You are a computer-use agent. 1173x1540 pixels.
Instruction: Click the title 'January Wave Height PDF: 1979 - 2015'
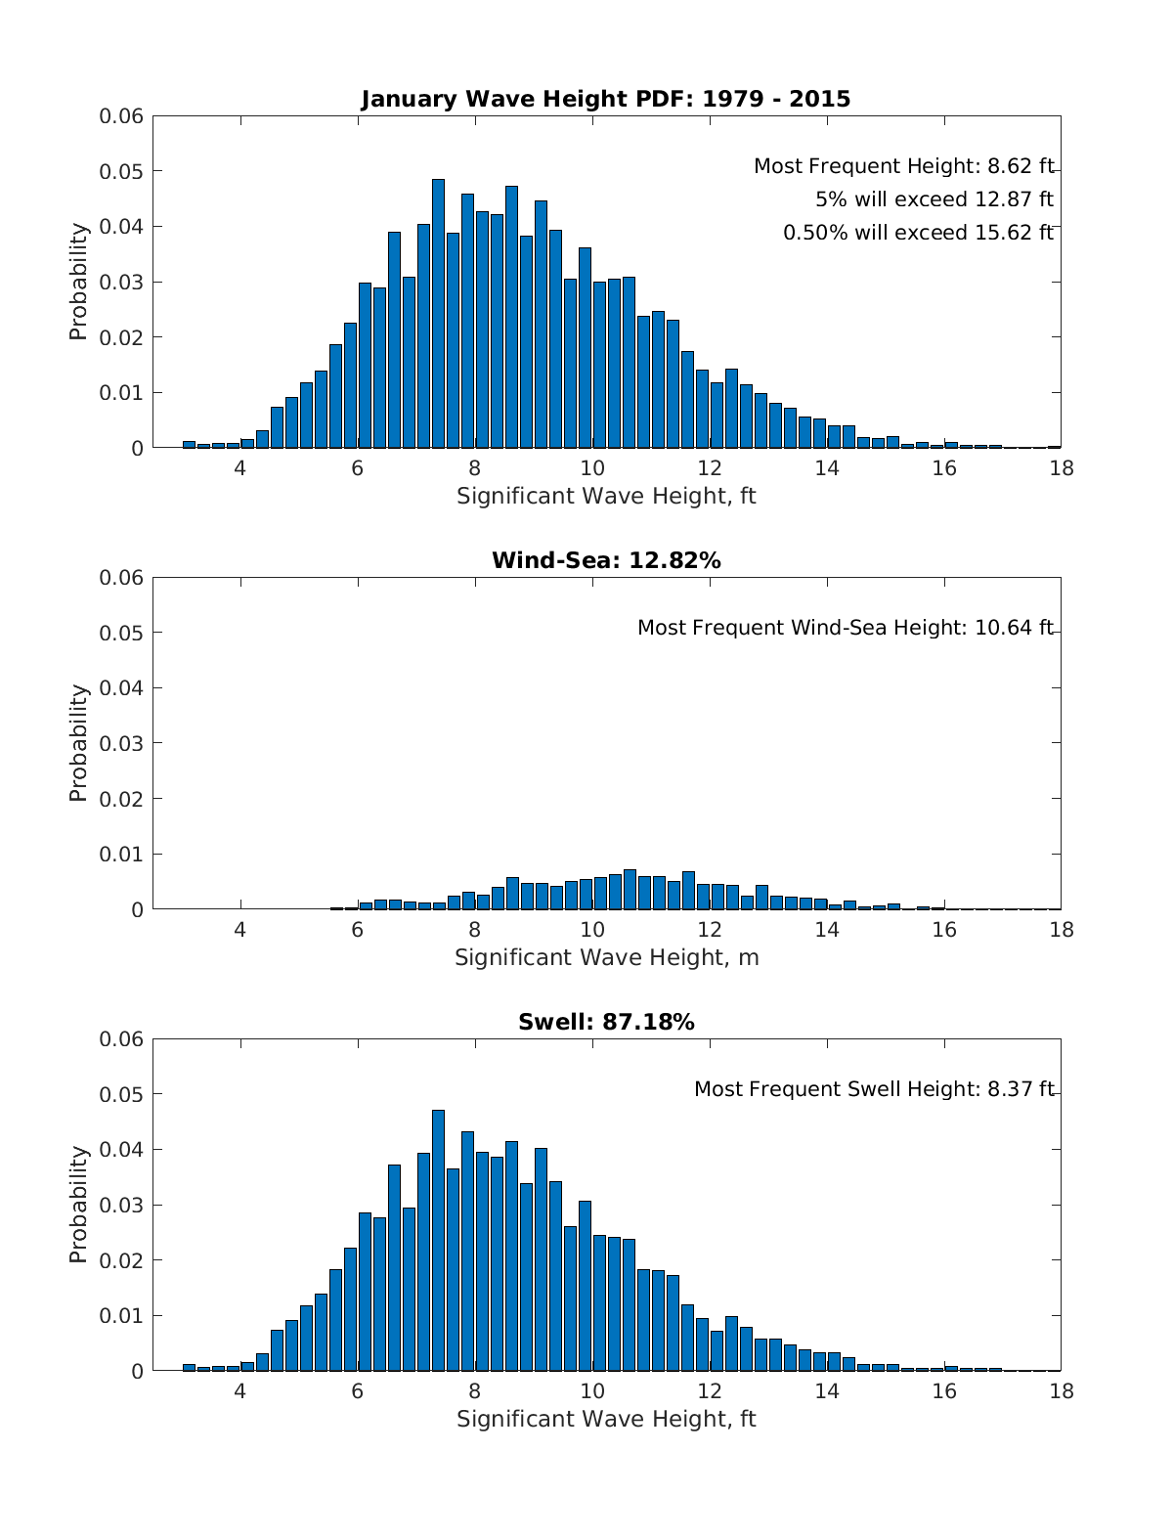606,99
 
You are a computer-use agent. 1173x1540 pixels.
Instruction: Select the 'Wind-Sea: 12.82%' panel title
606,560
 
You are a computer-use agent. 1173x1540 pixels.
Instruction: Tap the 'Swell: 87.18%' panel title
606,1022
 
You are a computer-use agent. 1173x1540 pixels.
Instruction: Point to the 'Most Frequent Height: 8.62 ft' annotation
903,166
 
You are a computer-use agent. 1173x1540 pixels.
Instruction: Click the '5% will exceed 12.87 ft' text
934,199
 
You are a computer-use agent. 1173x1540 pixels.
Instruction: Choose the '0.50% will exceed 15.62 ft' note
918,233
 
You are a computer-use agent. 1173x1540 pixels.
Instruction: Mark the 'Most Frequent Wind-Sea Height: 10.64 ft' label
846,628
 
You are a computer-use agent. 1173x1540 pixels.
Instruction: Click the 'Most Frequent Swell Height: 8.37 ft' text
874,1089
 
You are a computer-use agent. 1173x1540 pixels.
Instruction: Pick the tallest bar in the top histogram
438,313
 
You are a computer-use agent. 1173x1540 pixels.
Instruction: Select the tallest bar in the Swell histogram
438,1240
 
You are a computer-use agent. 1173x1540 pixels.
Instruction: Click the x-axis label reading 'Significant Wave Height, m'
606,957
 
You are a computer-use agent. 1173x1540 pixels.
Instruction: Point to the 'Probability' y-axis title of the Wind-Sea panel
79,743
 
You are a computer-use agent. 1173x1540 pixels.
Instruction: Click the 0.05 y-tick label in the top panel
121,172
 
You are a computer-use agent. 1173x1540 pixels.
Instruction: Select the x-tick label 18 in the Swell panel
1061,1391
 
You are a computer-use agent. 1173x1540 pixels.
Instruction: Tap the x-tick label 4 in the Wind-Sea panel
240,930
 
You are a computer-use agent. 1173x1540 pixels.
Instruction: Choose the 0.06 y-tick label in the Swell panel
121,1039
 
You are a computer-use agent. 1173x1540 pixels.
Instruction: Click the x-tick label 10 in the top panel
591,468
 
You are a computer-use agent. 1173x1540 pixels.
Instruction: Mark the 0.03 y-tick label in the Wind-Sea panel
121,743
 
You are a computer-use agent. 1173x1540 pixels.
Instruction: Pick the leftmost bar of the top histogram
189,444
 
